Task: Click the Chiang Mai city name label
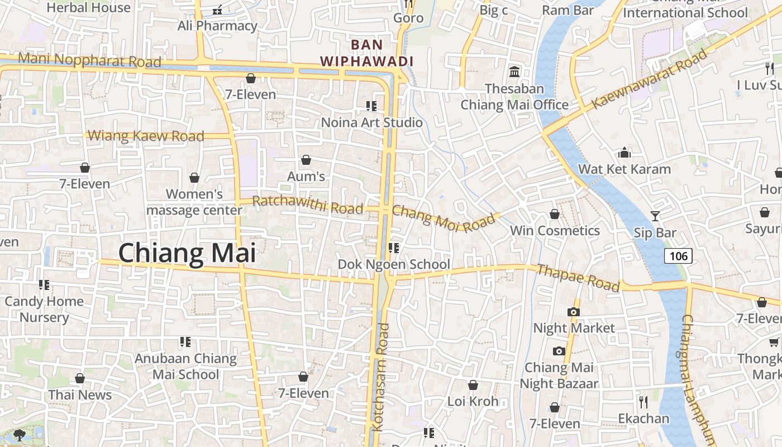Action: [187, 253]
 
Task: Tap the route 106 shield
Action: [678, 256]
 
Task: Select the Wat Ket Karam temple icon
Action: [624, 153]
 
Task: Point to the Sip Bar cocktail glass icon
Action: [655, 216]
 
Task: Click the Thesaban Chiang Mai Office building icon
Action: [514, 72]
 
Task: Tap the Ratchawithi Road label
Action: [308, 205]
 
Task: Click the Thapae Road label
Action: [578, 278]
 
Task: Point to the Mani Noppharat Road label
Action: [89, 60]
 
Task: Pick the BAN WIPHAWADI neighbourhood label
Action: [366, 53]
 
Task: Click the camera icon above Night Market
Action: [573, 312]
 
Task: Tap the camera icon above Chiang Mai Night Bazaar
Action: [559, 351]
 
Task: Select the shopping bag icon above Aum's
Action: [306, 160]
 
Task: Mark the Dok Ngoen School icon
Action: [394, 248]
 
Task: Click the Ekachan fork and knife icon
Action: [643, 401]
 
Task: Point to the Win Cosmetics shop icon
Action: [555, 214]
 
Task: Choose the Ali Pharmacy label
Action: [217, 26]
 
